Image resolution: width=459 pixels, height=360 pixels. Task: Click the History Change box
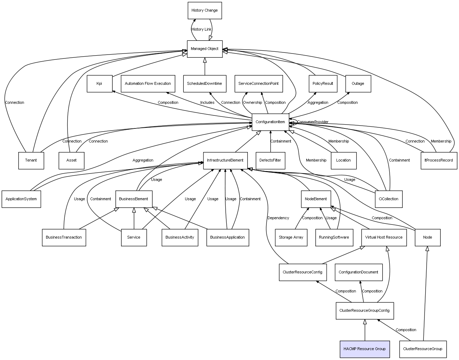click(x=205, y=11)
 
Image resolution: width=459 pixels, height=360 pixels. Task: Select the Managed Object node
click(x=205, y=49)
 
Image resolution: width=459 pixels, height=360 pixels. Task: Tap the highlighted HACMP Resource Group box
click(x=365, y=349)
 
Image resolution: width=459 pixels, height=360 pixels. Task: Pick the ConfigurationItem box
click(x=270, y=122)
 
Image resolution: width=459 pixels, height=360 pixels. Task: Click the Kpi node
click(x=99, y=84)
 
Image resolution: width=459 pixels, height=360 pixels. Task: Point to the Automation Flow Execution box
click(x=148, y=84)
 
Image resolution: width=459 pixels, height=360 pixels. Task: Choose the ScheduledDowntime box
click(x=205, y=84)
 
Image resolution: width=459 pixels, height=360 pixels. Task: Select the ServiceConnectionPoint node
click(x=258, y=84)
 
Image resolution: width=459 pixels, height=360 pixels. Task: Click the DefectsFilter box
click(x=270, y=160)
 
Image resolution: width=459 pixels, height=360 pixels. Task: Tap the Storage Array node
click(x=291, y=238)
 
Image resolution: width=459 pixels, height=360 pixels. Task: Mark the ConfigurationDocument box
click(x=358, y=272)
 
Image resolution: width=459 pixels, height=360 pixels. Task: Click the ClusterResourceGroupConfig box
click(x=364, y=311)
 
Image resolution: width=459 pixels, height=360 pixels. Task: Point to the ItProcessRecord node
click(x=439, y=160)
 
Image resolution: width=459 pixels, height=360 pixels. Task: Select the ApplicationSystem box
click(x=21, y=199)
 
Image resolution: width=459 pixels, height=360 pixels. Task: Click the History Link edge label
click(x=201, y=30)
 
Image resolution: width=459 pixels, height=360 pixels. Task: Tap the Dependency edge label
click(x=278, y=218)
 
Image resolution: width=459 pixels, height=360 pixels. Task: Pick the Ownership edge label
click(x=252, y=103)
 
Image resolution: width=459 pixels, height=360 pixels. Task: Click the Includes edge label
click(x=207, y=103)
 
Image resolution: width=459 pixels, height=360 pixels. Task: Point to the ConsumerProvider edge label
click(x=313, y=122)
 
